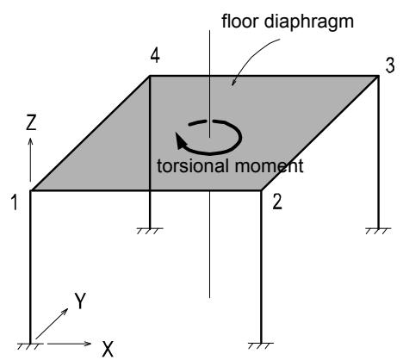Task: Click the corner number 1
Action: point(15,202)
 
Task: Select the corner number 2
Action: point(277,202)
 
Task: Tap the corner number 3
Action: point(390,65)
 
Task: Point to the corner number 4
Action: point(155,56)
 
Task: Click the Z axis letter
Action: point(31,122)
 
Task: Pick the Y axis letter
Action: point(80,301)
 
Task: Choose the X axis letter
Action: point(108,349)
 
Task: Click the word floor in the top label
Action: point(240,22)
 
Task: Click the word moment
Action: point(270,166)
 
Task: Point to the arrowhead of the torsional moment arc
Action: point(181,141)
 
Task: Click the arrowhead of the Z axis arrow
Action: point(30,141)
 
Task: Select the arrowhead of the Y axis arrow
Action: point(65,311)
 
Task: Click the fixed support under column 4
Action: point(150,231)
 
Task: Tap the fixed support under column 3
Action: point(378,231)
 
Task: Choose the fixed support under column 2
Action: point(261,345)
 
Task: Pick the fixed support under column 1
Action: point(30,346)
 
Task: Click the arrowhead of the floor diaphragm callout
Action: point(233,82)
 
